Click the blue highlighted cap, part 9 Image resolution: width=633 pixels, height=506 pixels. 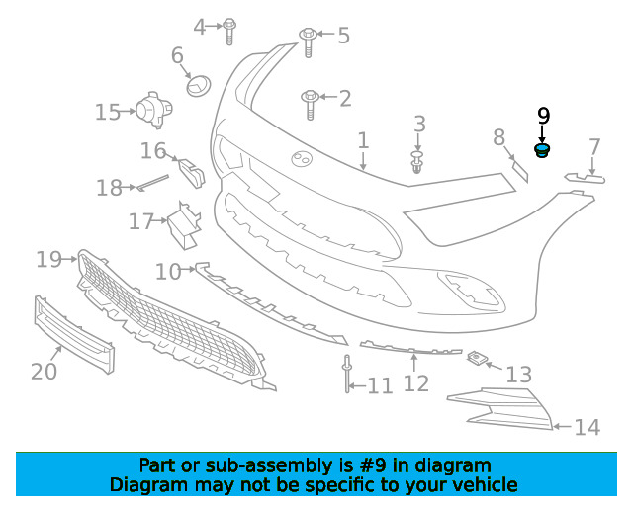click(542, 150)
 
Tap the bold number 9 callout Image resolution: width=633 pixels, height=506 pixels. click(544, 116)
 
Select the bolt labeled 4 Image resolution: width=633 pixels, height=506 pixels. click(229, 31)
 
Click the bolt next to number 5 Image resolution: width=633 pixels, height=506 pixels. click(308, 42)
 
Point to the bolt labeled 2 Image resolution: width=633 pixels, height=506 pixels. click(310, 104)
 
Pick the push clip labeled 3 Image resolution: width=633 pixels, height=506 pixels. click(417, 162)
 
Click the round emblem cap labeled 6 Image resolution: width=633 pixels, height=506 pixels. click(199, 86)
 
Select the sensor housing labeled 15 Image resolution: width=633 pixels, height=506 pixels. click(154, 110)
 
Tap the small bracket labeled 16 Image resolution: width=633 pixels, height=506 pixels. click(192, 173)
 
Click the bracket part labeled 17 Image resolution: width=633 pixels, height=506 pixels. click(184, 226)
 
